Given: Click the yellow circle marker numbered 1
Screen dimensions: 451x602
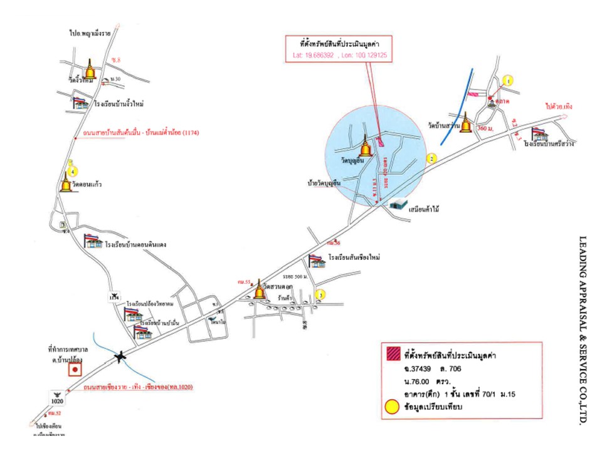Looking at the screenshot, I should pyautogui.click(x=509, y=80).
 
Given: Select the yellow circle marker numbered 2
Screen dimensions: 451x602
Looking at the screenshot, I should pyautogui.click(x=431, y=158).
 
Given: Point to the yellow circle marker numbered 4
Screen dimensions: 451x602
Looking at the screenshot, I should pyautogui.click(x=73, y=170).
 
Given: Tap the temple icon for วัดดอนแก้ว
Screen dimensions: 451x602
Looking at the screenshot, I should pyautogui.click(x=66, y=184).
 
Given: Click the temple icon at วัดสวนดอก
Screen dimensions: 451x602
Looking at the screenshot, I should pyautogui.click(x=259, y=290).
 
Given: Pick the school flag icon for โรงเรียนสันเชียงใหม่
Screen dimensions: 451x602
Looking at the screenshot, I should pyautogui.click(x=316, y=261).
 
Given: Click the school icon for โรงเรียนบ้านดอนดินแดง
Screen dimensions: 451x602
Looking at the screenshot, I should pyautogui.click(x=93, y=241).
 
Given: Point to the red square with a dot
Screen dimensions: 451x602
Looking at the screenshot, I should pyautogui.click(x=75, y=370).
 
